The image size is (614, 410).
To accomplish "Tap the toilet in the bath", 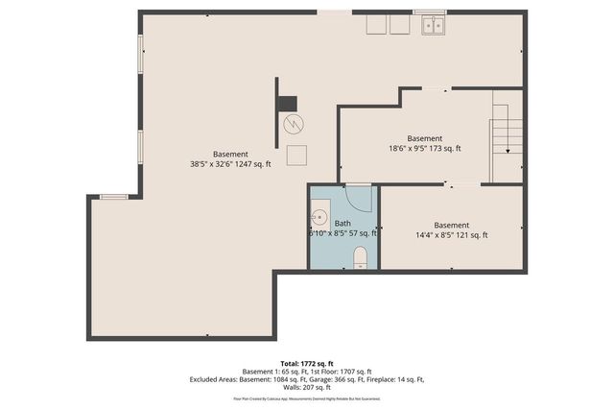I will pyautogui.click(x=360, y=256).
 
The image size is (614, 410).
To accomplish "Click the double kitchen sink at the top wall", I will pyautogui.click(x=433, y=25).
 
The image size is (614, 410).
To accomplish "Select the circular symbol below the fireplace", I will pyautogui.click(x=294, y=124).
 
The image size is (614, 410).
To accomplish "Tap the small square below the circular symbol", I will pyautogui.click(x=297, y=155).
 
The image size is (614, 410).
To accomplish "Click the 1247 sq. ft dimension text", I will pyautogui.click(x=230, y=164).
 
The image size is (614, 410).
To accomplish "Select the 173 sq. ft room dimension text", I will pyautogui.click(x=424, y=148).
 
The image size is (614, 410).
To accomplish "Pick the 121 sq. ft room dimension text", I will pyautogui.click(x=451, y=235).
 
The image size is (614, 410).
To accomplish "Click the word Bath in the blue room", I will pyautogui.click(x=342, y=223).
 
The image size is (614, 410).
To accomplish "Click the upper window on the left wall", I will pyautogui.click(x=140, y=54).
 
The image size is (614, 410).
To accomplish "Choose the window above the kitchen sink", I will pyautogui.click(x=429, y=12).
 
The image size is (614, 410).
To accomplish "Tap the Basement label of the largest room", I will pyautogui.click(x=230, y=154).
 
